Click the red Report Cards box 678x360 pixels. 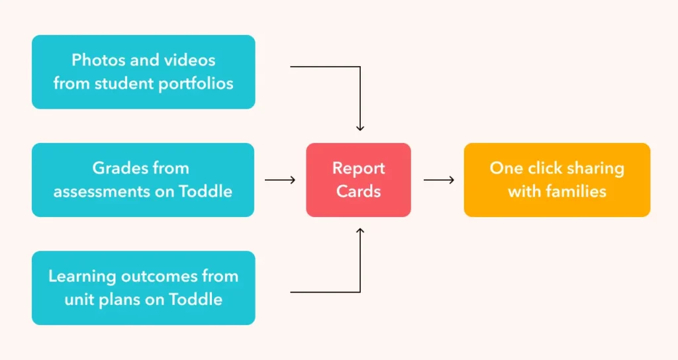click(x=358, y=179)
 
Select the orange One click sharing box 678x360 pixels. click(x=557, y=179)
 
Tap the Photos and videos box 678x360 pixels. click(x=143, y=71)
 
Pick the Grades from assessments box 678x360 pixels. click(x=143, y=179)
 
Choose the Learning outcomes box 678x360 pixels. click(x=143, y=287)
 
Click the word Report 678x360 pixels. click(x=358, y=168)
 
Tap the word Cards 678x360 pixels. click(x=358, y=192)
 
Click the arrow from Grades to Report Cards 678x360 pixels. click(x=280, y=179)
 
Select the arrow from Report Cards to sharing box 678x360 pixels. click(x=438, y=179)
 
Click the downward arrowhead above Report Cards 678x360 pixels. click(x=360, y=128)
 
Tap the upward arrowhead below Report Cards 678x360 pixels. click(x=360, y=231)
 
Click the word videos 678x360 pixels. click(x=191, y=60)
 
